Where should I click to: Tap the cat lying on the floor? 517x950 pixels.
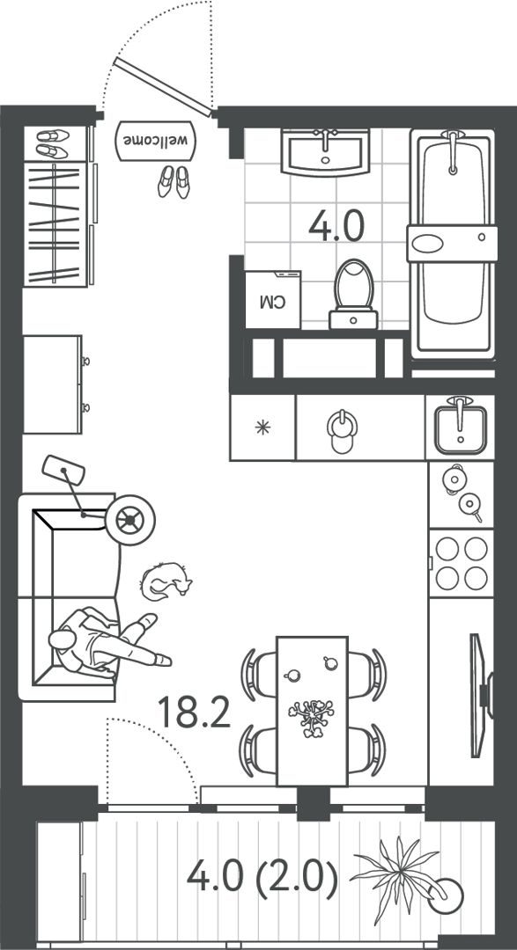coord(165,581)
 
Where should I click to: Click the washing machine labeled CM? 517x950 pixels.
coord(274,300)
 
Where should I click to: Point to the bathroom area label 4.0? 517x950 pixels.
coord(336,226)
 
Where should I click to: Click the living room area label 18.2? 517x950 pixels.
coord(194,712)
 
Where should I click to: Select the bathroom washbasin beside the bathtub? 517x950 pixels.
coord(326,151)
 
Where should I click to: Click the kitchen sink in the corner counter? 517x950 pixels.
coord(460,427)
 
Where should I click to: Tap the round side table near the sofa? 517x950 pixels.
coord(129,520)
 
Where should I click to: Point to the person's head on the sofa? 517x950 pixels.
coord(63,639)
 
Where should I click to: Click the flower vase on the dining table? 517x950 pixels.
coord(312,718)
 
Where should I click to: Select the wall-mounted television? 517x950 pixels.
coord(481,696)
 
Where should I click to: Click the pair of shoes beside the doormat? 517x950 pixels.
coord(174,182)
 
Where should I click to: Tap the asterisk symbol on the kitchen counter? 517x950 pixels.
coord(262,427)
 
